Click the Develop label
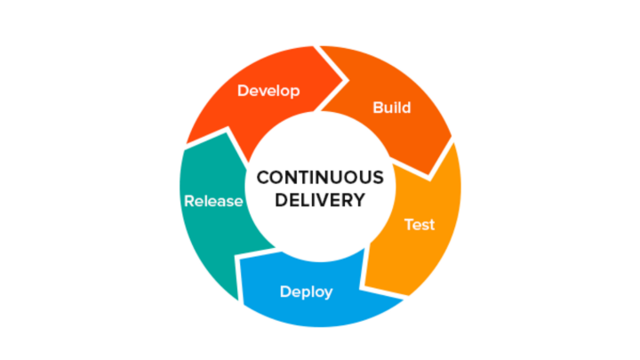pyautogui.click(x=268, y=91)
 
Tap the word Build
pyautogui.click(x=392, y=108)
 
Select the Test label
pyautogui.click(x=420, y=224)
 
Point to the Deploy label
pyautogui.click(x=307, y=292)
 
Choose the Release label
pyautogui.click(x=213, y=201)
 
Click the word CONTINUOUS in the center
pyautogui.click(x=320, y=177)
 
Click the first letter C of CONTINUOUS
pyautogui.click(x=262, y=177)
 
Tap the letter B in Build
pyautogui.click(x=377, y=108)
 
